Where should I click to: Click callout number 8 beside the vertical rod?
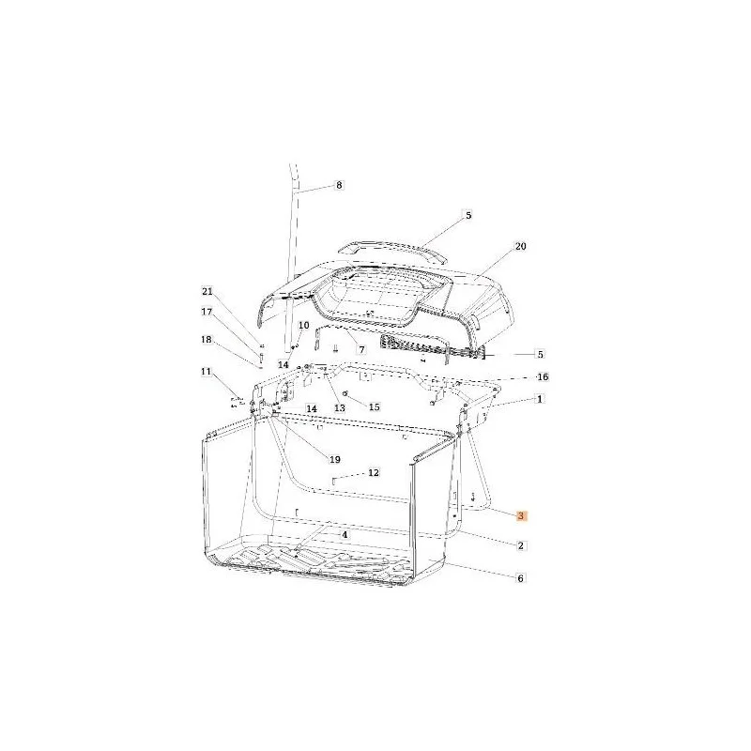click(339, 185)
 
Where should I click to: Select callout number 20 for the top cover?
click(520, 246)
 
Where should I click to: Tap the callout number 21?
click(207, 292)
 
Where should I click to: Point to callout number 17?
click(207, 312)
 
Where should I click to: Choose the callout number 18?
click(207, 340)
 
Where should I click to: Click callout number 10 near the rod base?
click(304, 326)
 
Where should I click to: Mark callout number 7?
click(361, 350)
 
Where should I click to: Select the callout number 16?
click(543, 377)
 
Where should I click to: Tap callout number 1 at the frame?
click(540, 399)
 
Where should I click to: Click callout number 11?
click(206, 372)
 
